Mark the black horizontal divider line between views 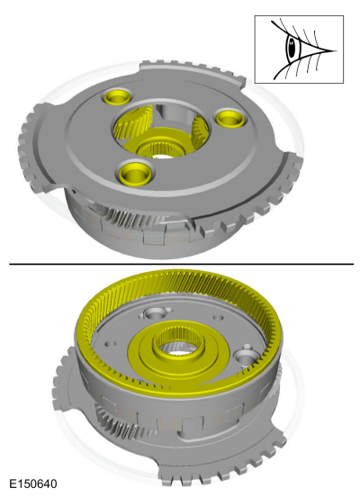(180, 264)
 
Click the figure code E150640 (31, 484)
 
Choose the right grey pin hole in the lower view (246, 357)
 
